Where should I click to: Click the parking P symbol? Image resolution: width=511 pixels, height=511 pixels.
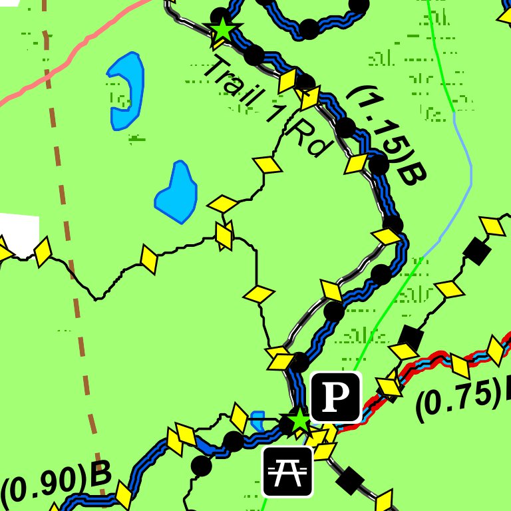tap(336, 397)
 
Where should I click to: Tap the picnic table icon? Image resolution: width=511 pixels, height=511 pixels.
tap(287, 472)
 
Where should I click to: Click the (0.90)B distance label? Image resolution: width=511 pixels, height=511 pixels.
tap(55, 484)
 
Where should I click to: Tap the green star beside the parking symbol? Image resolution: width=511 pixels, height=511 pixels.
tap(299, 420)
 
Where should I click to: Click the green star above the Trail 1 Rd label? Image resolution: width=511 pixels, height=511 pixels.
tap(222, 30)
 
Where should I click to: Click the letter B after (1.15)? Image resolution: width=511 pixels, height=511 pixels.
tap(411, 174)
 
